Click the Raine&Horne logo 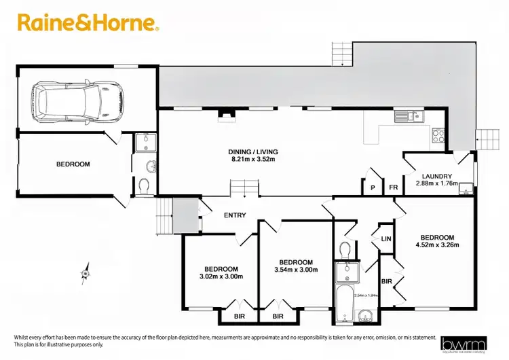(x=88, y=24)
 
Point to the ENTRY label (x=235, y=215)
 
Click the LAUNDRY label (x=436, y=177)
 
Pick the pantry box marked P (x=373, y=188)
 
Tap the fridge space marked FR (x=393, y=188)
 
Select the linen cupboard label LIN (x=386, y=238)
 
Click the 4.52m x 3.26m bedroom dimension (x=437, y=246)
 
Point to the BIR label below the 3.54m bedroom (x=278, y=317)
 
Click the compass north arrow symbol (x=86, y=273)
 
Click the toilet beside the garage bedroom (x=144, y=185)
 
